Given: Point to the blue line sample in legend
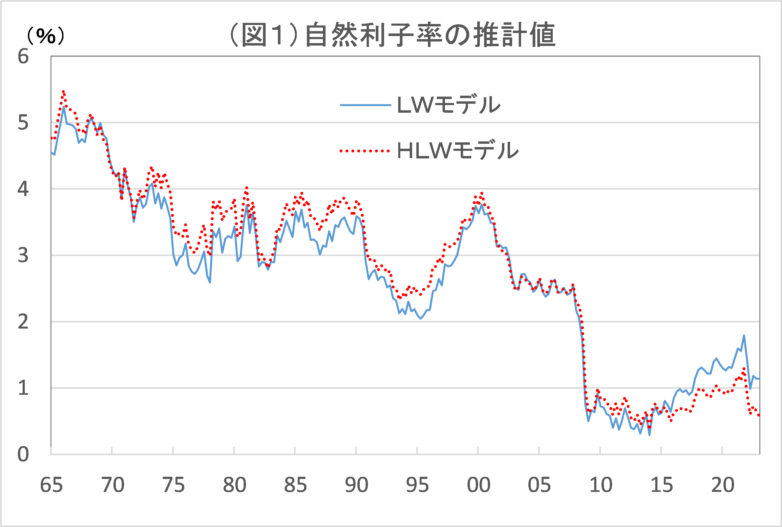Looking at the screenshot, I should tap(366, 105).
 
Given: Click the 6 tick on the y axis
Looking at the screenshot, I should tap(23, 57).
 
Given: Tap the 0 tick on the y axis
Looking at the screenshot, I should tap(23, 454).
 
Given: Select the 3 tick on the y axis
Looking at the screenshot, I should tap(23, 255).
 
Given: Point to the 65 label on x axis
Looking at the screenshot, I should tap(51, 485).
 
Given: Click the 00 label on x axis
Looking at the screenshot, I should tap(478, 485).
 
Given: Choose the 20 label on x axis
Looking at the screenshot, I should tap(723, 485).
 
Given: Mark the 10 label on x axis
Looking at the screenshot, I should tap(601, 485).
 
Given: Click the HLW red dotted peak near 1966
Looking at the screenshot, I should tap(63, 91).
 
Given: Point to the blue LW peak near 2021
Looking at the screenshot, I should tap(744, 335).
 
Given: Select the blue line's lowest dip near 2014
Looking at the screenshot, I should tap(649, 435).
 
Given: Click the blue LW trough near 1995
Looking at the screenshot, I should tap(420, 318).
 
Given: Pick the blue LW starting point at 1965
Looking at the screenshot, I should tap(51, 152).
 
